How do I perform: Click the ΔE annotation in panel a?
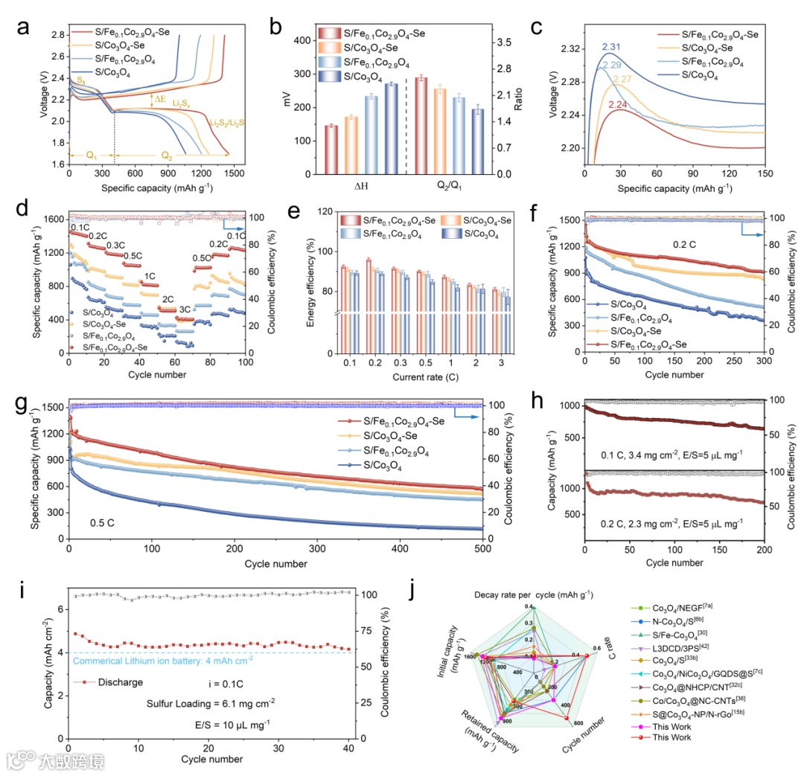[159, 98]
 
